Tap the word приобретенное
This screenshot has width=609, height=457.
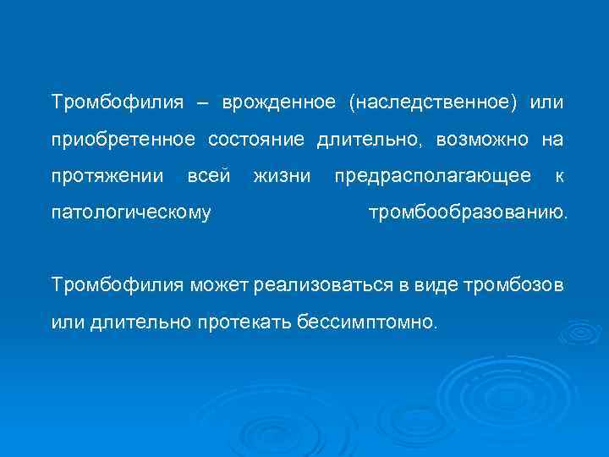click(x=123, y=140)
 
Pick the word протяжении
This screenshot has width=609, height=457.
click(x=107, y=176)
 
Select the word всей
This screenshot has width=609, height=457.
click(x=208, y=176)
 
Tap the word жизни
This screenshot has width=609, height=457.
click(x=283, y=176)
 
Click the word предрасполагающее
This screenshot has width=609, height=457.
click(x=433, y=176)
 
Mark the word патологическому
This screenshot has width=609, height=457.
click(x=131, y=212)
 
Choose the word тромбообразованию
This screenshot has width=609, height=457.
click(x=469, y=212)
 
